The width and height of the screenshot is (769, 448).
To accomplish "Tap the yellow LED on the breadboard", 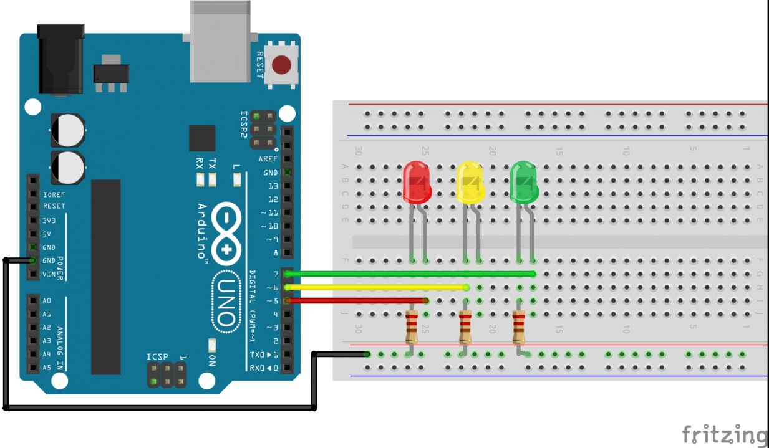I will tap(470, 182).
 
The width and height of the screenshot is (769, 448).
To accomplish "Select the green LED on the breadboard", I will tap(524, 182).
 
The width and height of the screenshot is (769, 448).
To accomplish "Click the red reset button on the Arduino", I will tap(282, 65).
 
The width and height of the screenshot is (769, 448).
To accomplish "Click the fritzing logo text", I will tap(723, 434).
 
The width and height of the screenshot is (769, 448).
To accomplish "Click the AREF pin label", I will tap(268, 159).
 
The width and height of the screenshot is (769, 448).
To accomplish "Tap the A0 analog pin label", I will tap(47, 300).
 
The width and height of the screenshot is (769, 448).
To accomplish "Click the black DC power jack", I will tap(60, 59).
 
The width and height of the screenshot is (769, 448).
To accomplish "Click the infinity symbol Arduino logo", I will tap(226, 234).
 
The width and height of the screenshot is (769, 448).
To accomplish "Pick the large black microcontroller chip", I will tap(105, 277).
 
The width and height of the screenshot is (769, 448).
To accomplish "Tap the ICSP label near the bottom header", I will tap(158, 357).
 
